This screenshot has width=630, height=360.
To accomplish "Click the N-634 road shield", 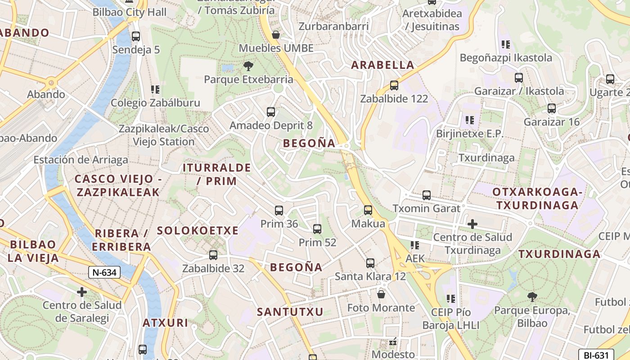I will [104, 272].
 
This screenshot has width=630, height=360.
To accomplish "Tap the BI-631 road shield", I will [596, 355].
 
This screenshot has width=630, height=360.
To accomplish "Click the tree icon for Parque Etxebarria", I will [248, 67].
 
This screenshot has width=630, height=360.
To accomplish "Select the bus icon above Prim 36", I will [279, 210].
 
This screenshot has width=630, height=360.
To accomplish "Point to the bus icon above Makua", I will [368, 210].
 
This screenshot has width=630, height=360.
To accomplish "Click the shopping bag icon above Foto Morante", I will [381, 294].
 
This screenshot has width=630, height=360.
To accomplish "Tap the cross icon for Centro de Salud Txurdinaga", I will [472, 224].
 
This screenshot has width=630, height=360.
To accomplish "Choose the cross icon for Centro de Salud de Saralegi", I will [82, 292].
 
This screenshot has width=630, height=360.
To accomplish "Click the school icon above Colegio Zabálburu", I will [155, 89].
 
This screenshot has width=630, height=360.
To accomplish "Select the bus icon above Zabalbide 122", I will [394, 85].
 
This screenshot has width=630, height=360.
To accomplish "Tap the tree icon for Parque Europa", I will [532, 297].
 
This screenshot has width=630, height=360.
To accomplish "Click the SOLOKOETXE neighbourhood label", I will [198, 230].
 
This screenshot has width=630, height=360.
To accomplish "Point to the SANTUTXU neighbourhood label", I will [290, 311].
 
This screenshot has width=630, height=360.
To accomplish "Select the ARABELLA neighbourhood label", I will [382, 65].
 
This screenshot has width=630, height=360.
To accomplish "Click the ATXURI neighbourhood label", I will [165, 323].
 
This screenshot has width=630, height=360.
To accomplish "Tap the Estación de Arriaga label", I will [81, 160].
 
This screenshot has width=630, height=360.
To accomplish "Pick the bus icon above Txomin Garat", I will [427, 195].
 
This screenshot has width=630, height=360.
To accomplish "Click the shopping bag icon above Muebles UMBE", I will [276, 35].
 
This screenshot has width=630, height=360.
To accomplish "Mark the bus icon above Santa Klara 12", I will [370, 263].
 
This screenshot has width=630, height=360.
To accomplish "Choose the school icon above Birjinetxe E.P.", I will [470, 120].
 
